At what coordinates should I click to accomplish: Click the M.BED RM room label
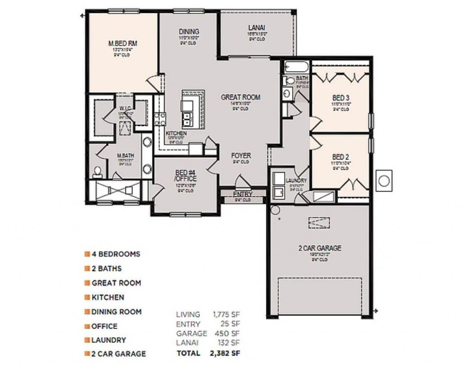tap(122, 44)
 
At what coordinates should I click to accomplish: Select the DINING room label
tap(189, 31)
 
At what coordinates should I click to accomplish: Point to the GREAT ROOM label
tap(240, 97)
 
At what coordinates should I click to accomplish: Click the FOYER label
tap(241, 155)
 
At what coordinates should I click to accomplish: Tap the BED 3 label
tap(341, 98)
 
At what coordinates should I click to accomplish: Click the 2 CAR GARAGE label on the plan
tap(320, 248)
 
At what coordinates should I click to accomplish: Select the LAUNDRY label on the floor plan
tap(296, 181)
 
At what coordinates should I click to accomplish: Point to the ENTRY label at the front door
tap(243, 194)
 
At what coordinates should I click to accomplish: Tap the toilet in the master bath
tap(97, 171)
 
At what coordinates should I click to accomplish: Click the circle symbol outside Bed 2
tap(384, 180)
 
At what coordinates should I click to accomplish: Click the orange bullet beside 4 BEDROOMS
tap(86, 254)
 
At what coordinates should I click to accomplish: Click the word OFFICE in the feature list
tap(104, 326)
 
